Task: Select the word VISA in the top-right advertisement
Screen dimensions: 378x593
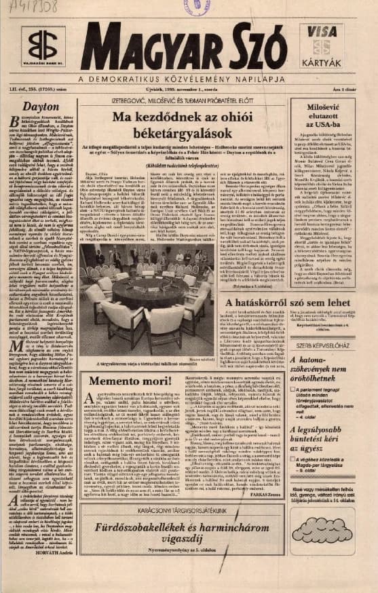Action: pos(322,31)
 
